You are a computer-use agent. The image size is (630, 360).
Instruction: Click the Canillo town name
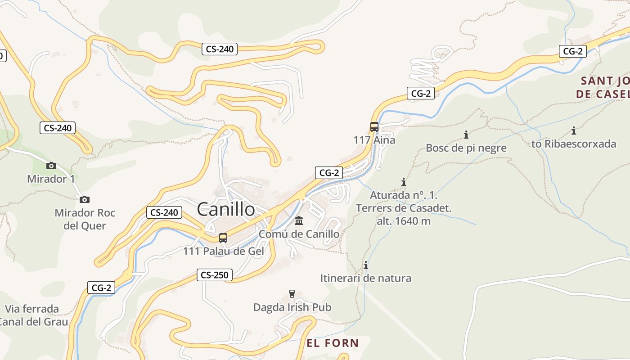[226, 209]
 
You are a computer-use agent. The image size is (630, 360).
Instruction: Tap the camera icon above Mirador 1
[51, 166]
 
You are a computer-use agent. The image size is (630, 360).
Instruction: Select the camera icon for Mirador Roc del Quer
[84, 199]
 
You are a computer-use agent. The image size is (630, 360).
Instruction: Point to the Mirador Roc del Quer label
[85, 219]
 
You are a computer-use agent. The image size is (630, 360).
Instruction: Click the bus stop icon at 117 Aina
[374, 127]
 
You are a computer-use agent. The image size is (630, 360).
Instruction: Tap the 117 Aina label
[374, 140]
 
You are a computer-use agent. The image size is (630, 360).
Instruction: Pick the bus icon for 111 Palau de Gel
[223, 238]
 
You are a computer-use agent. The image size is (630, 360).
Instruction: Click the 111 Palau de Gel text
[223, 251]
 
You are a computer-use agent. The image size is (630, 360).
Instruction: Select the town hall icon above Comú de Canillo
[299, 221]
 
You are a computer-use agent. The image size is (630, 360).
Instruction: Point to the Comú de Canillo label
[299, 234]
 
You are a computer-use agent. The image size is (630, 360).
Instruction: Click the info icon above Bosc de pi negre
[466, 135]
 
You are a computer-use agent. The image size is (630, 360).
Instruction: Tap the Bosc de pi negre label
[466, 148]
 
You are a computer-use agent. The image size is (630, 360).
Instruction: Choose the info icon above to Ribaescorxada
[574, 131]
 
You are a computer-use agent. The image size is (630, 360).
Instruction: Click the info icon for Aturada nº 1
[404, 182]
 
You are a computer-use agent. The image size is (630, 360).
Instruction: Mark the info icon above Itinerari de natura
[366, 265]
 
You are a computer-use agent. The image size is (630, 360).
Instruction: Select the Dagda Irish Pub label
[292, 307]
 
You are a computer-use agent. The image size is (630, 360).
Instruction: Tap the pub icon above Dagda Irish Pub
[292, 294]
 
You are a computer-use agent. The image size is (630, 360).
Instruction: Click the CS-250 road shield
[214, 275]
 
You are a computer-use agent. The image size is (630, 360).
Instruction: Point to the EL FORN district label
[333, 343]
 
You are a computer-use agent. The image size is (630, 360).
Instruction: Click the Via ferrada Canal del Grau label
[32, 315]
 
